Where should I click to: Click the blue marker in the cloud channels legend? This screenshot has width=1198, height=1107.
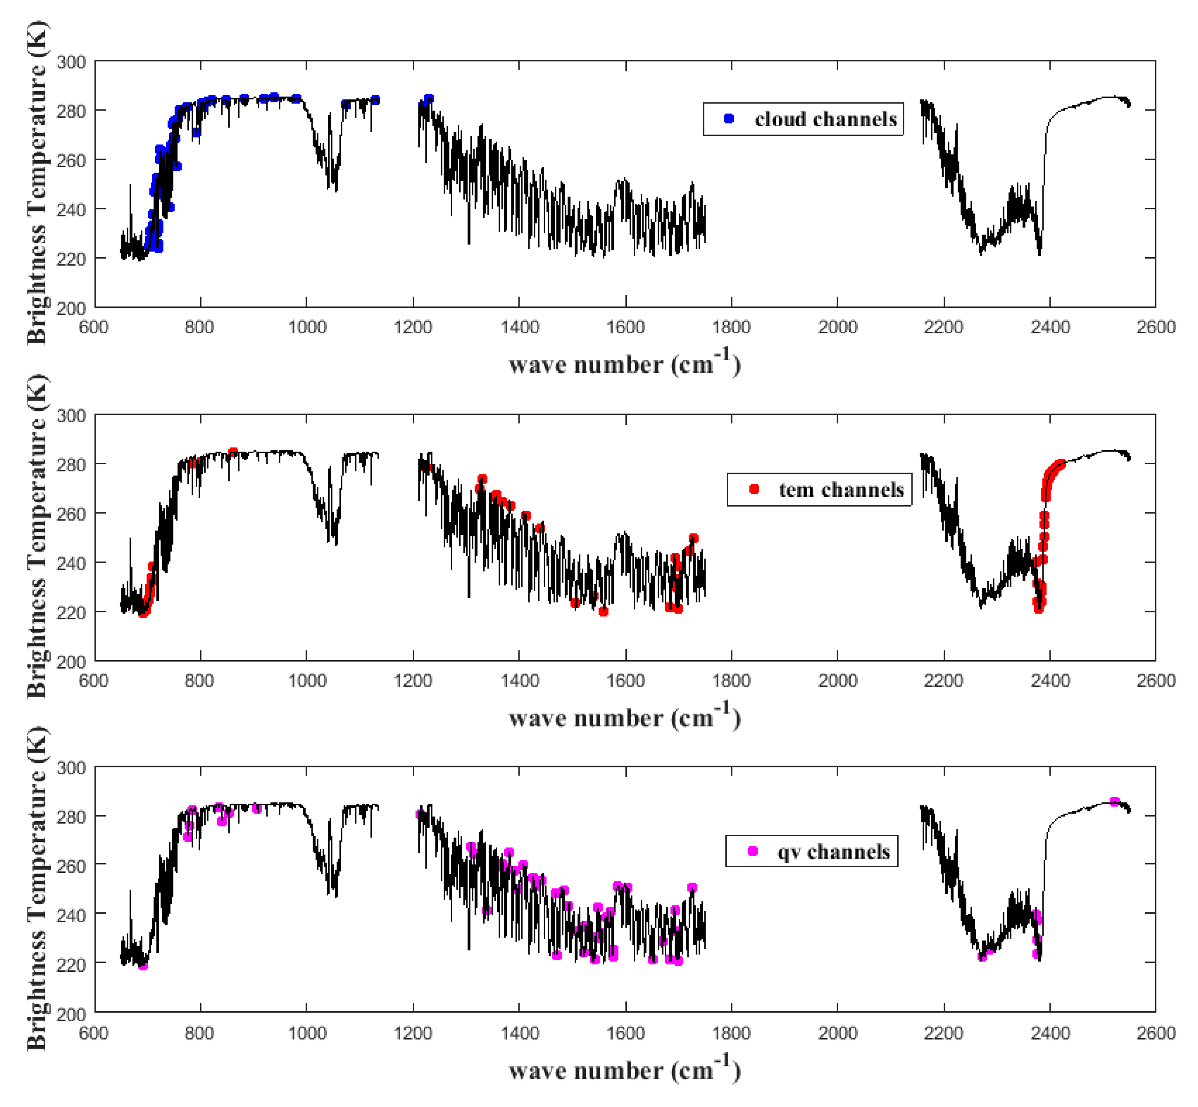pyautogui.click(x=729, y=119)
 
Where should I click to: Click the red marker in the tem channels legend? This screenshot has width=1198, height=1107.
pyautogui.click(x=754, y=489)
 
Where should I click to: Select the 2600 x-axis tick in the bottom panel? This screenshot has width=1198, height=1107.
pyautogui.click(x=1156, y=1033)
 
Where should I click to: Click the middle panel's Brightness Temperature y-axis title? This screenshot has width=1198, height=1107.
pyautogui.click(x=37, y=536)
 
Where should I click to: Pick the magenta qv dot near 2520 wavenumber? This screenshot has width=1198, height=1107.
pyautogui.click(x=1115, y=802)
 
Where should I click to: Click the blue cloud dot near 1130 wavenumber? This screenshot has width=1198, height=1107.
pyautogui.click(x=376, y=100)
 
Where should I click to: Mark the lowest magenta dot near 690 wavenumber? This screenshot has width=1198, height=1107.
pyautogui.click(x=143, y=965)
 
